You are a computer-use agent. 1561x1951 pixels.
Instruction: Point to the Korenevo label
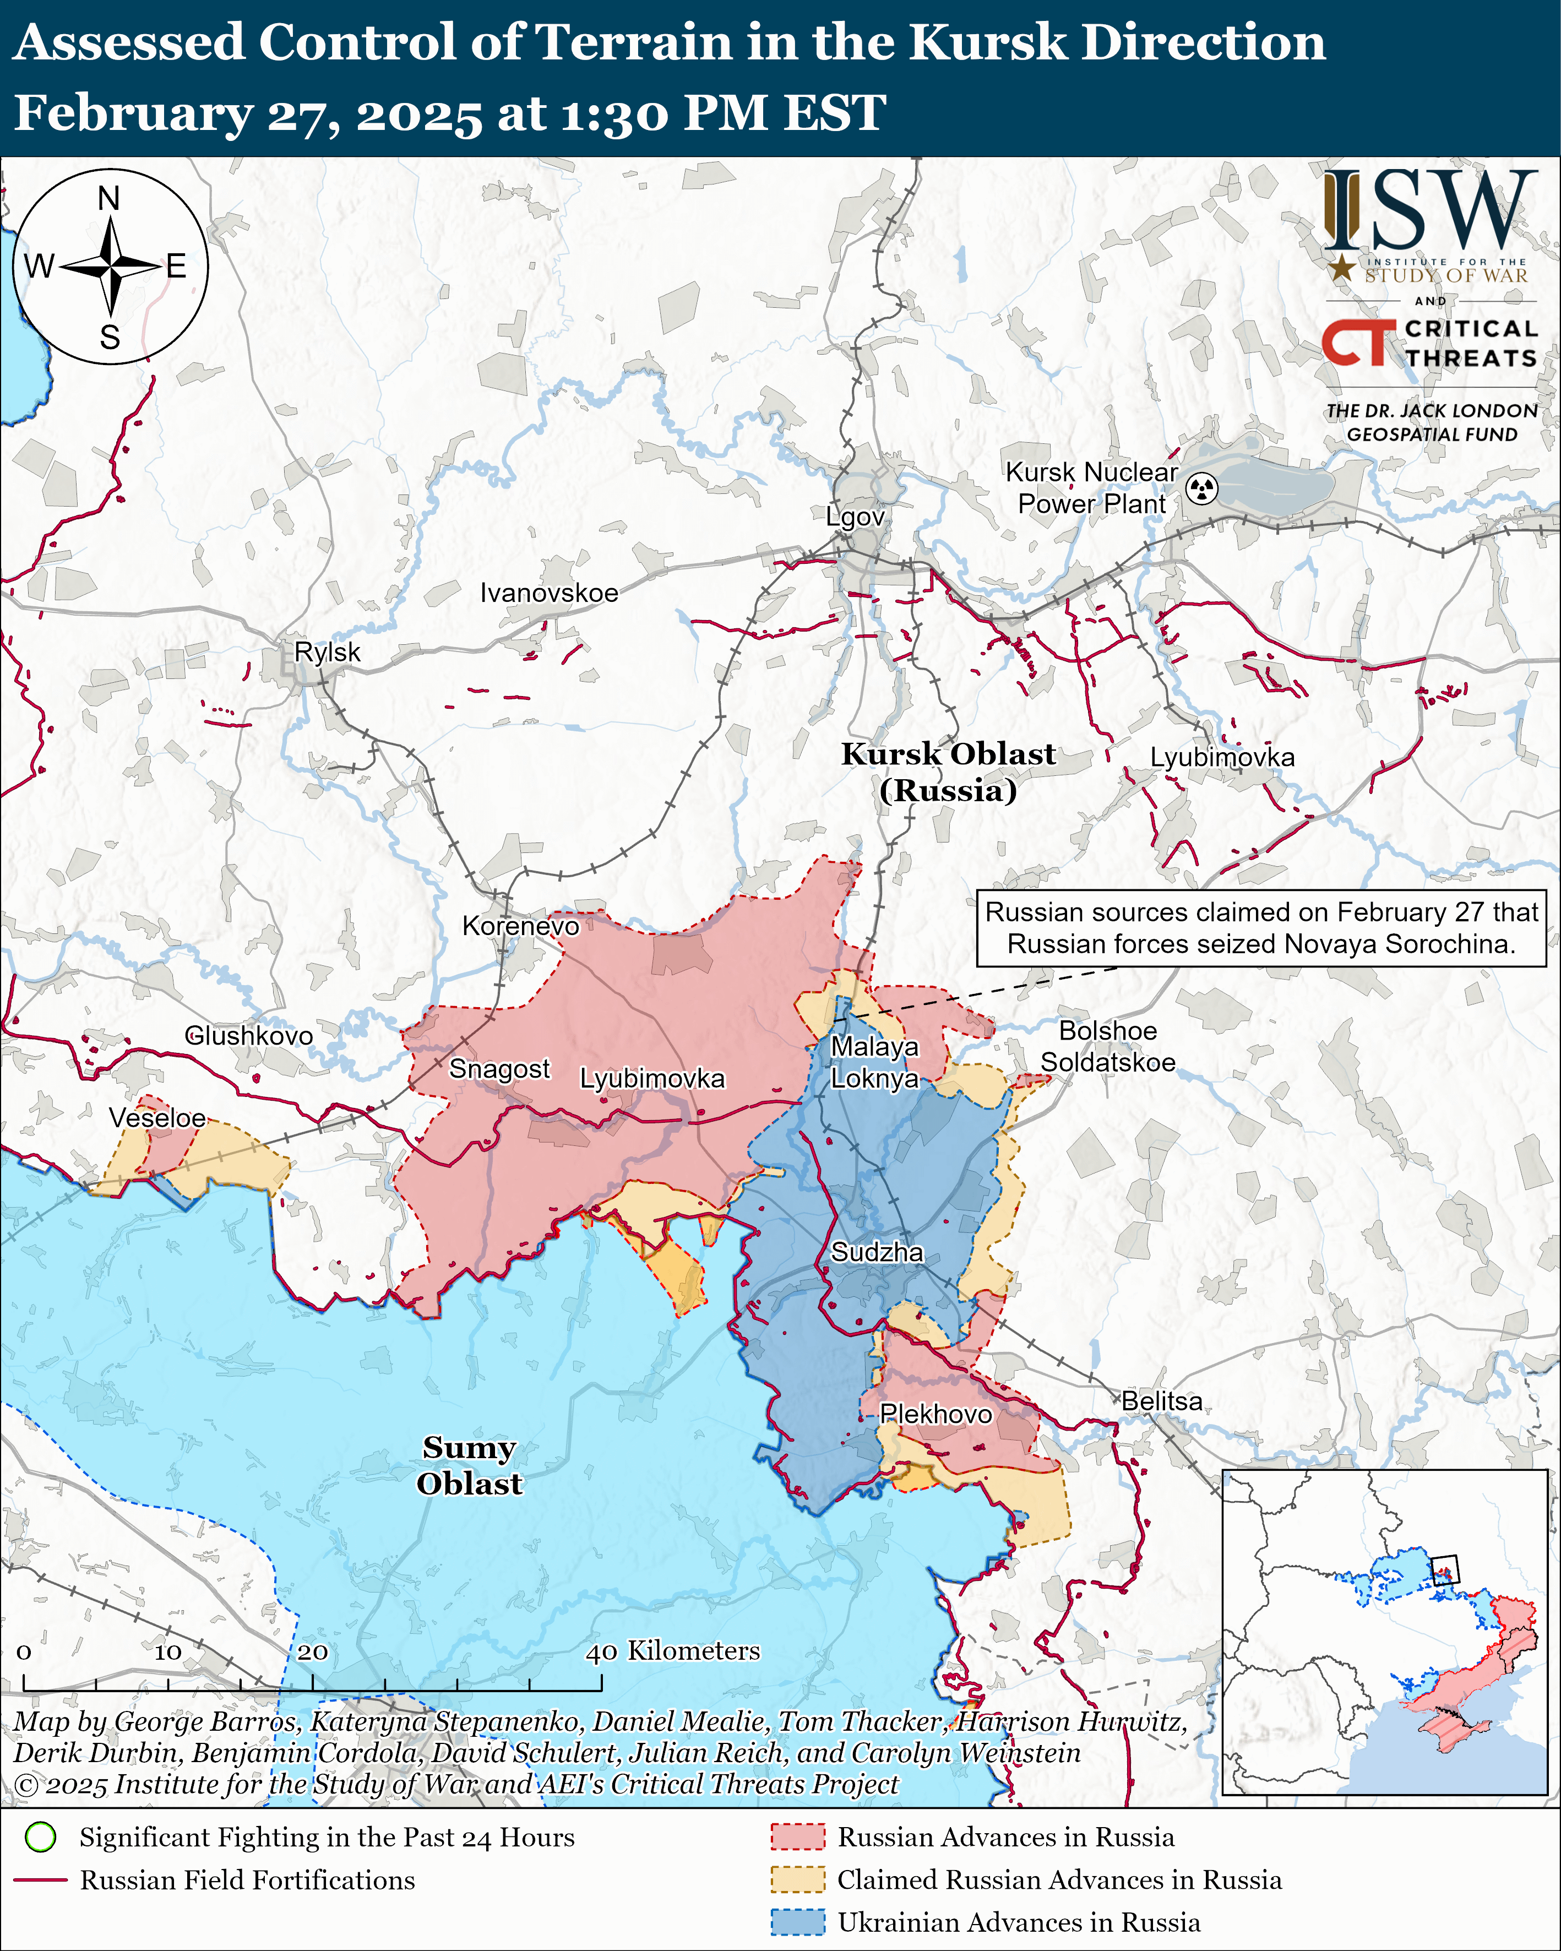coord(520,926)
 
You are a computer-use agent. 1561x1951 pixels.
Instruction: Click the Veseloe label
coord(157,1118)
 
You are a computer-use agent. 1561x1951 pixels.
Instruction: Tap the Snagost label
coord(499,1069)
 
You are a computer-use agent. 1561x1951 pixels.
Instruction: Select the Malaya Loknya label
coord(874,1062)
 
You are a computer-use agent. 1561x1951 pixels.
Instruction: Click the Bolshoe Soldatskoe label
coord(1108,1046)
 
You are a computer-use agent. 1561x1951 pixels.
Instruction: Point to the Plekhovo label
coord(935,1414)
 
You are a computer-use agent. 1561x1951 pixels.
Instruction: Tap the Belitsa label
coord(1162,1401)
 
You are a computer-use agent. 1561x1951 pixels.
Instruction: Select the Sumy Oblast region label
coord(469,1465)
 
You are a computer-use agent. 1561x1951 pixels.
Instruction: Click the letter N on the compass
coord(108,198)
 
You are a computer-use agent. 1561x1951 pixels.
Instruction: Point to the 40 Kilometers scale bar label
coord(673,1650)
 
